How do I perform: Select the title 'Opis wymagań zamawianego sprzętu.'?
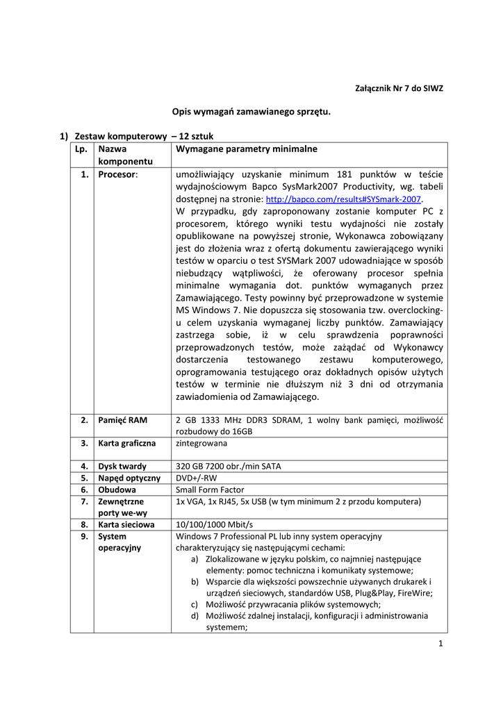251,111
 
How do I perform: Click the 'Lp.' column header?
79,149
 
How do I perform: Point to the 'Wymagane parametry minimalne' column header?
247,149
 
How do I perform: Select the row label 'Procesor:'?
118,174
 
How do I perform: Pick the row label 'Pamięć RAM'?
121,420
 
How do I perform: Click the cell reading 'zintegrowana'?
201,442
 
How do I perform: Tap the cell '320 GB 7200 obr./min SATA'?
229,466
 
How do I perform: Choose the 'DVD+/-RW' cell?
195,478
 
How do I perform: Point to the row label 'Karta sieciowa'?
126,524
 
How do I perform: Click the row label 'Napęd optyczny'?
129,478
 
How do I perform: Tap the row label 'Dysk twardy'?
122,466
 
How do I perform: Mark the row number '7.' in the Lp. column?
83,501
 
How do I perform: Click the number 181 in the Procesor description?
345,174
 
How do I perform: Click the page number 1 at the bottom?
440,643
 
